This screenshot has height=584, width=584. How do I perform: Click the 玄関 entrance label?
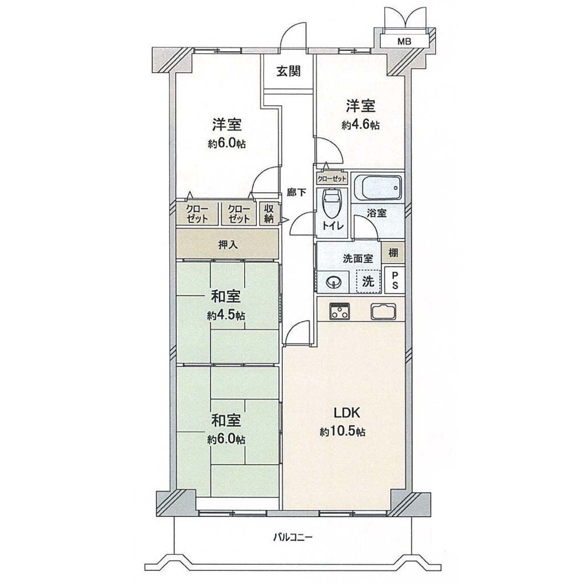(288, 71)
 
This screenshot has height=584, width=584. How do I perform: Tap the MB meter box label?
(404, 41)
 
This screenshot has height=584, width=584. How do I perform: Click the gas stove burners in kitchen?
(339, 311)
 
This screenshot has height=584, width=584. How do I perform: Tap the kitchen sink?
(383, 311)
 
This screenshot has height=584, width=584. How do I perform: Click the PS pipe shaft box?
(395, 281)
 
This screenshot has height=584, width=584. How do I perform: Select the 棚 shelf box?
(394, 253)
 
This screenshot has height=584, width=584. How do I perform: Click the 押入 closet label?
(228, 245)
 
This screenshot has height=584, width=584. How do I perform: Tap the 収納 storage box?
(269, 213)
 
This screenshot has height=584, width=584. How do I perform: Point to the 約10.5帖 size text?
(342, 432)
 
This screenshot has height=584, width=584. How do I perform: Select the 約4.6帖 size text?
(360, 125)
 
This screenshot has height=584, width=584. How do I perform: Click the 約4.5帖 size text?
(226, 316)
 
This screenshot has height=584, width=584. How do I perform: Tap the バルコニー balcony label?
(293, 537)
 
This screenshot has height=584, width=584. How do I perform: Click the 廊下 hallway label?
(297, 193)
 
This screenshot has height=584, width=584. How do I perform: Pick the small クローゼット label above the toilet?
(332, 179)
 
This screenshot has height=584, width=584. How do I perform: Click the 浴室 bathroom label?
(376, 213)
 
